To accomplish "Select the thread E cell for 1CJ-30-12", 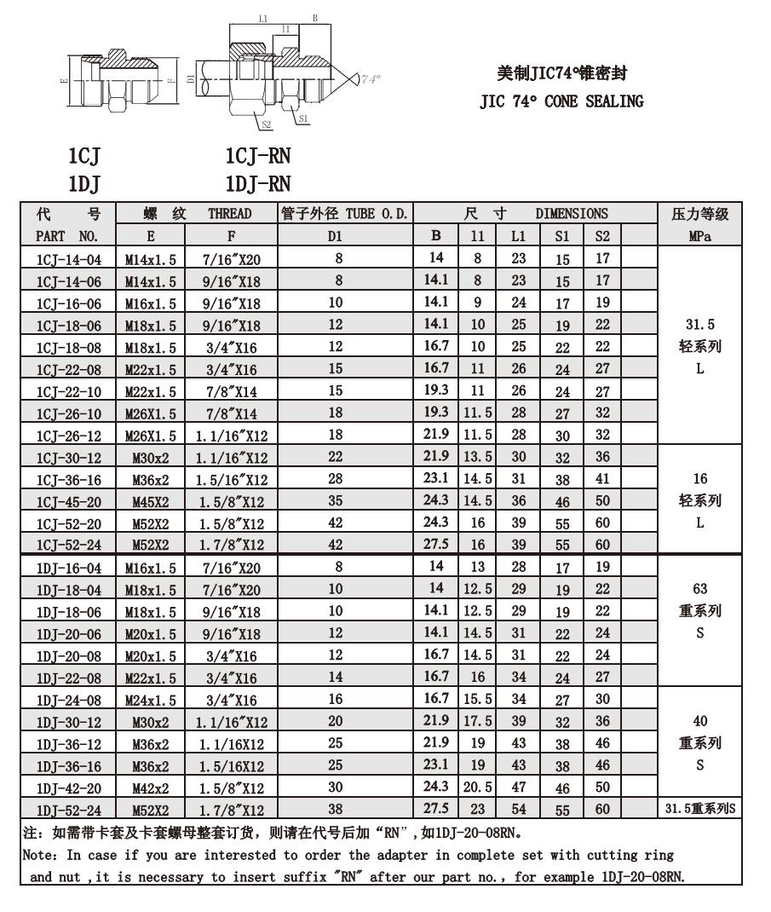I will click(x=150, y=458).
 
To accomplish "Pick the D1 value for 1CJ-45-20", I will click(x=335, y=501).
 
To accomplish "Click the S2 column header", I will click(x=602, y=236).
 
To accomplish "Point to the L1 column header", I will click(x=518, y=236).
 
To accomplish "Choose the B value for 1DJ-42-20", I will click(x=436, y=788).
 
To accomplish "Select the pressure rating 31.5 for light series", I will click(x=699, y=325).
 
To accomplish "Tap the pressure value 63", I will click(x=699, y=589).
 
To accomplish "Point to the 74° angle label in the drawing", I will click(x=369, y=79).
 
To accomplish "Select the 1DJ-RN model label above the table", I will click(x=257, y=184).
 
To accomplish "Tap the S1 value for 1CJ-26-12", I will click(x=562, y=436).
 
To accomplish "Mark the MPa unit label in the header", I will click(x=699, y=236).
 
